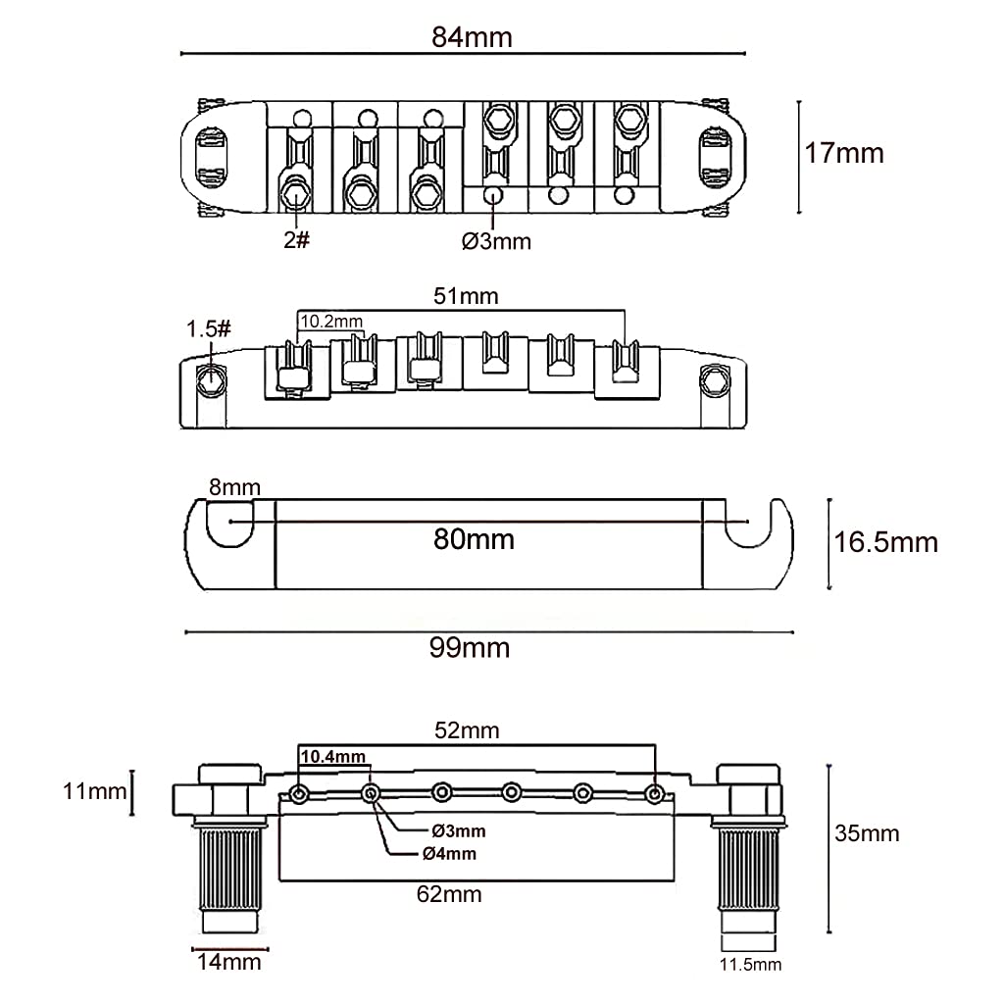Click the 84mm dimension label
(472, 37)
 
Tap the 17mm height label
(844, 153)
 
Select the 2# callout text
(296, 239)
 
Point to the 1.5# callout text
(209, 327)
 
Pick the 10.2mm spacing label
(331, 321)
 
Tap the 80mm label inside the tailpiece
(475, 538)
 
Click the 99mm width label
(472, 647)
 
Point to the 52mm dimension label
(468, 730)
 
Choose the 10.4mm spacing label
(332, 756)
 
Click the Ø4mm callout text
(449, 853)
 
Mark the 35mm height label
(866, 833)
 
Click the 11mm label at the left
(94, 790)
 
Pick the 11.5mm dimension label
(750, 965)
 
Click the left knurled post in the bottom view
(231, 868)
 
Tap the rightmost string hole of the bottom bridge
(654, 792)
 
